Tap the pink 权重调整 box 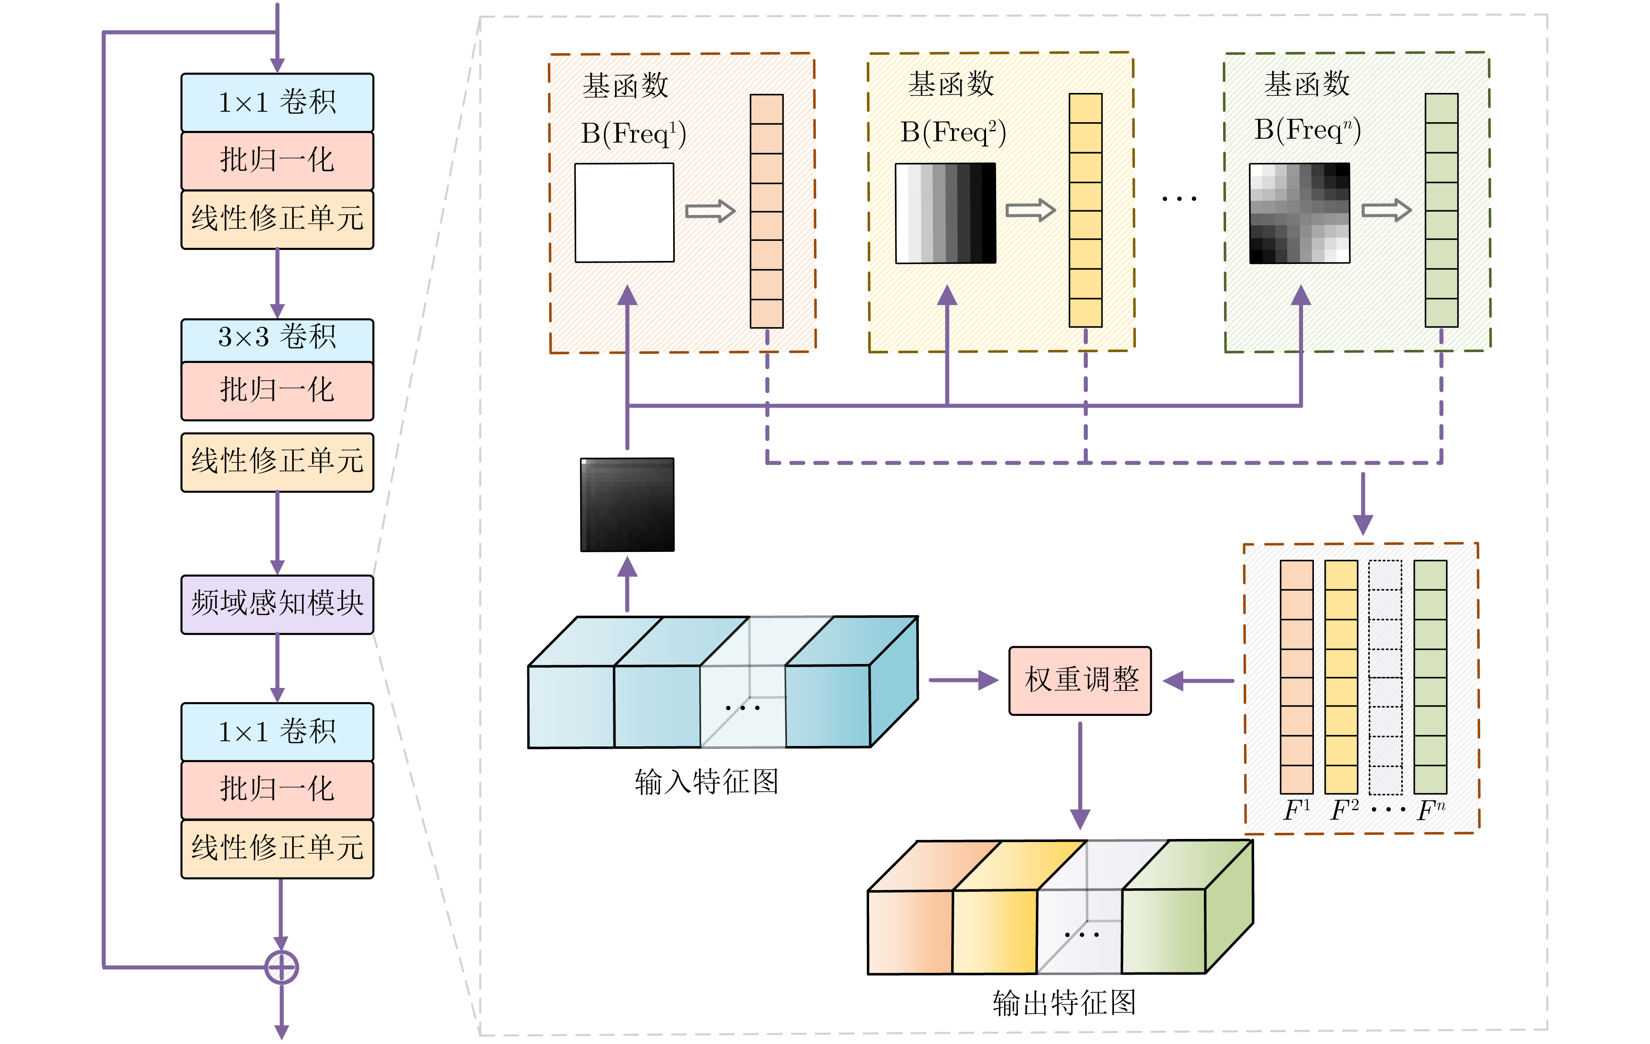click(x=1080, y=680)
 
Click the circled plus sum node click(x=281, y=967)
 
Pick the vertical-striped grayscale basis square click(x=945, y=212)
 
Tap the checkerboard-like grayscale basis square click(x=1299, y=212)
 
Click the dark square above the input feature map click(x=627, y=504)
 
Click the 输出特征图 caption click(x=1063, y=1002)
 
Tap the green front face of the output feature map click(x=1163, y=931)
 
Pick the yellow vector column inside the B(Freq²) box click(x=1086, y=210)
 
